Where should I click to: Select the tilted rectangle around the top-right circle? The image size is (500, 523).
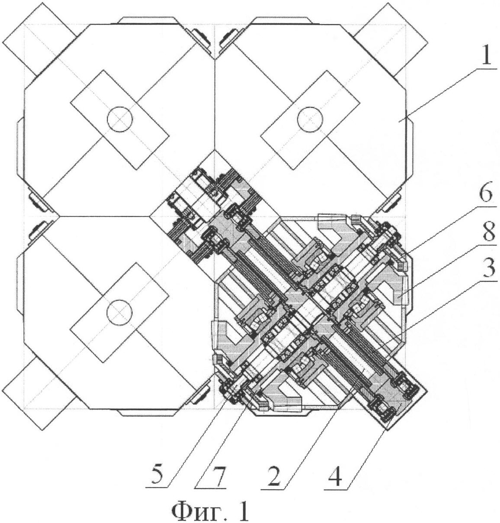click(x=310, y=120)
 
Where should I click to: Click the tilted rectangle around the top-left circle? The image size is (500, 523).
click(x=120, y=120)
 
